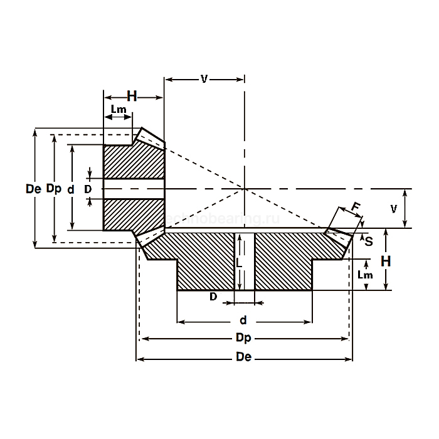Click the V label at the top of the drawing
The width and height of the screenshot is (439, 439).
pyautogui.click(x=204, y=79)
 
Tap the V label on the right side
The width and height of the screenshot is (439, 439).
pyautogui.click(x=394, y=209)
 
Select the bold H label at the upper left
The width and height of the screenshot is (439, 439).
pyautogui.click(x=132, y=96)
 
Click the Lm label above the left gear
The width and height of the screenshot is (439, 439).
pyautogui.click(x=119, y=110)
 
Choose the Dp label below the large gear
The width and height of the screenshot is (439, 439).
pyautogui.click(x=243, y=339)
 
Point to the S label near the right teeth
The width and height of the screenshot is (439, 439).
pyautogui.click(x=369, y=240)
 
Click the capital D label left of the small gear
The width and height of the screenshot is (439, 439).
pyautogui.click(x=88, y=188)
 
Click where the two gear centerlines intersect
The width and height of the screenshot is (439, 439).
pyautogui.click(x=244, y=188)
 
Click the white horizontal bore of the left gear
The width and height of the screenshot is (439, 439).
pyautogui.click(x=133, y=188)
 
